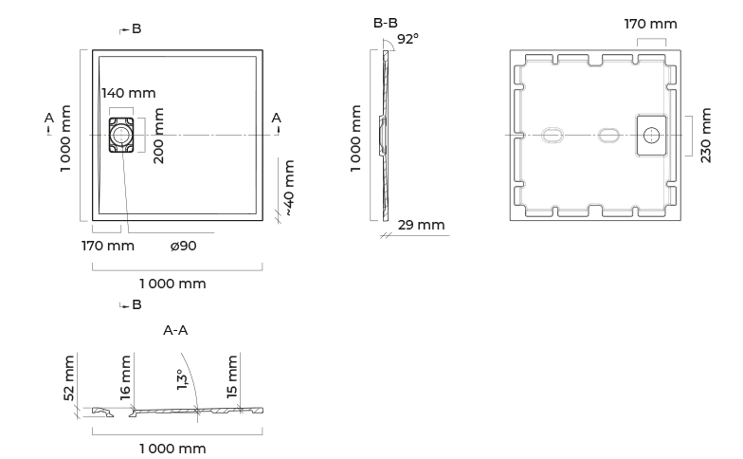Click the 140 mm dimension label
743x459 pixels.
point(129,93)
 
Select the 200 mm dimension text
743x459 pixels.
point(159,136)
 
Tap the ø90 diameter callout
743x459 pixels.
point(184,246)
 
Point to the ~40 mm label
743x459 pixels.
point(290,188)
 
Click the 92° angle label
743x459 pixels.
point(408,39)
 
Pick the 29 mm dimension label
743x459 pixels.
point(421,225)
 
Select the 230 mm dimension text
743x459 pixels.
point(706,136)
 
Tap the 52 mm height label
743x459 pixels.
point(69,377)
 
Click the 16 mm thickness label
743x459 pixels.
point(125,377)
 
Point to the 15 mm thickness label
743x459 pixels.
point(231,377)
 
